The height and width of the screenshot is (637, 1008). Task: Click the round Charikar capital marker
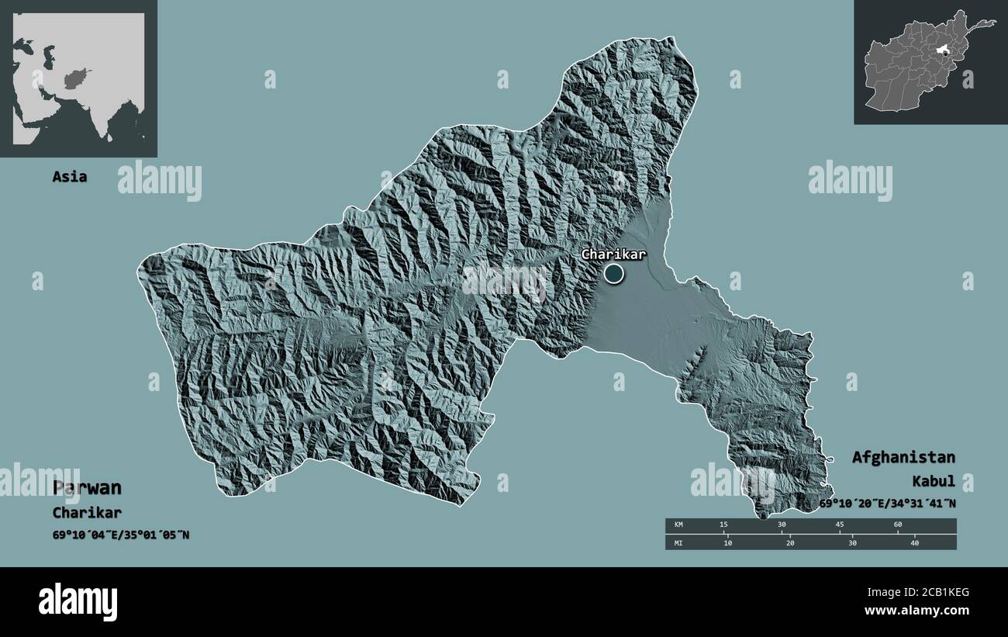[x=613, y=273]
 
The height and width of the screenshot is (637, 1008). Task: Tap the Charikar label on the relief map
[x=613, y=254]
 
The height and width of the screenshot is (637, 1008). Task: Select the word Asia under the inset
[x=69, y=177]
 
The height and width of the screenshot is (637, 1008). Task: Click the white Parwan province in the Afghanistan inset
[x=943, y=50]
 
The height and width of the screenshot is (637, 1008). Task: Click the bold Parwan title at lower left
[x=87, y=488]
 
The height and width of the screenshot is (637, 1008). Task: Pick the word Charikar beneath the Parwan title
[x=87, y=513]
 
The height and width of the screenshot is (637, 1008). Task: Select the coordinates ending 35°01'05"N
[x=121, y=535]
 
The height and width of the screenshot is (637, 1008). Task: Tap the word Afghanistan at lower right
[x=903, y=457]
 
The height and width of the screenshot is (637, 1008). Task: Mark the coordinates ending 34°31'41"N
[x=888, y=504]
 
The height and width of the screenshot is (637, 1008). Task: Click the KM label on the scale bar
[x=678, y=525]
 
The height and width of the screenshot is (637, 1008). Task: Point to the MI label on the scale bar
[x=678, y=542]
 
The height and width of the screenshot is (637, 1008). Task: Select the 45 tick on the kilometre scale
[x=840, y=525]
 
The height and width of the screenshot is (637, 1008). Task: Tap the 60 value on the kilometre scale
[x=898, y=525]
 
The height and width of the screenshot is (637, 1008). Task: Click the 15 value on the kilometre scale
[x=723, y=525]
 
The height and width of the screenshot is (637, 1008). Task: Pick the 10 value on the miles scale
[x=727, y=542]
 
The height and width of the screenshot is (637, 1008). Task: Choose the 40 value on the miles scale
[x=915, y=542]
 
